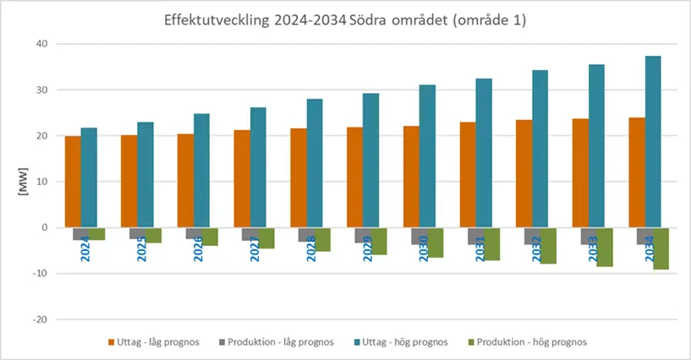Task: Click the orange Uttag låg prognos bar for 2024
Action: (x=73, y=182)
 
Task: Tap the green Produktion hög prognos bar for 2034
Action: (x=661, y=248)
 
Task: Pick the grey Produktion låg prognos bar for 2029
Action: (x=362, y=235)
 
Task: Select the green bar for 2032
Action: (x=548, y=246)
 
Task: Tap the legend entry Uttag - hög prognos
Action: (x=406, y=342)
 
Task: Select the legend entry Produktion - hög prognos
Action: (x=531, y=342)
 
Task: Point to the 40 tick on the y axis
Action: (x=41, y=44)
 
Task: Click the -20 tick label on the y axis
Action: (x=38, y=319)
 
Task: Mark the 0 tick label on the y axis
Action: (x=44, y=227)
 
